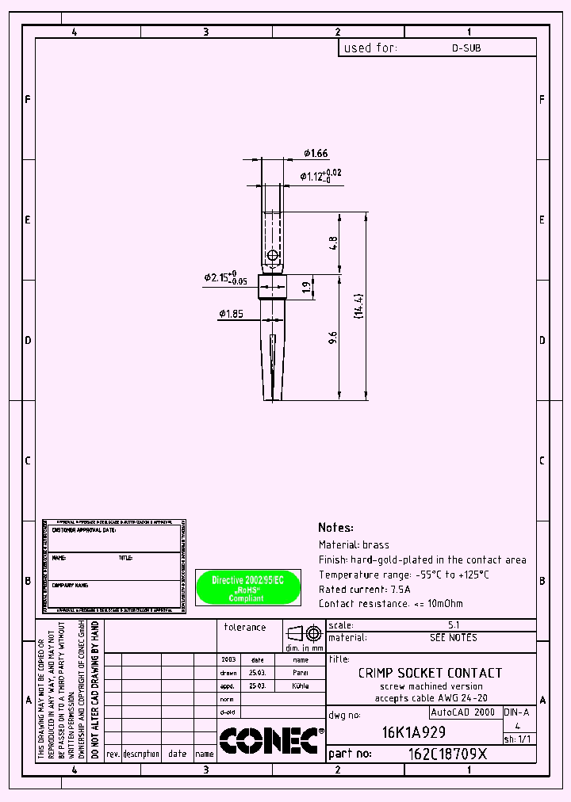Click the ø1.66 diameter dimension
315,154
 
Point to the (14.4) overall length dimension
358,307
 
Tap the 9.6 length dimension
333,338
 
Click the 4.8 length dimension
333,242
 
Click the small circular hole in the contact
272,255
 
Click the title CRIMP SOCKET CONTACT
430,673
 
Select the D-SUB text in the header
466,48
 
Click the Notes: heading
335,528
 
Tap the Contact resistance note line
390,604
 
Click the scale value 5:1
454,624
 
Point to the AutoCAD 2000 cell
462,712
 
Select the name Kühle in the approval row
301,686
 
